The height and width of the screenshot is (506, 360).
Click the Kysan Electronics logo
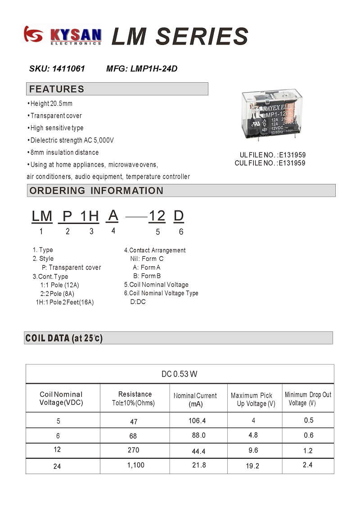click(x=63, y=36)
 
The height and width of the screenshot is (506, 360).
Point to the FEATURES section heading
click(x=57, y=89)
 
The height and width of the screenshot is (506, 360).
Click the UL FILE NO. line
click(x=272, y=155)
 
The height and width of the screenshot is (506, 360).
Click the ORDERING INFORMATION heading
click(x=96, y=191)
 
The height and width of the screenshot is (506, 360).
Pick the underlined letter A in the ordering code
click(x=113, y=216)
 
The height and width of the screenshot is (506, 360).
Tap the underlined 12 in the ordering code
click(x=157, y=216)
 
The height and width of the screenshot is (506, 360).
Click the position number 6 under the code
click(x=181, y=232)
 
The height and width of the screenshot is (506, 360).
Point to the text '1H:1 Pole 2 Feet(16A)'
click(x=65, y=302)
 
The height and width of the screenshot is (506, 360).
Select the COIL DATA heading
click(x=64, y=338)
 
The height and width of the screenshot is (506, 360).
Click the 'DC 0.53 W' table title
click(x=180, y=374)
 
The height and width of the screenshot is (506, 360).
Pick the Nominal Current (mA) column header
click(x=195, y=399)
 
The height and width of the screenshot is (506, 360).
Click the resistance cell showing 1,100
click(x=135, y=465)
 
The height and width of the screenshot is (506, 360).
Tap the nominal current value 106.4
click(x=198, y=421)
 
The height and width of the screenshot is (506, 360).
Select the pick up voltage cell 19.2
click(x=252, y=466)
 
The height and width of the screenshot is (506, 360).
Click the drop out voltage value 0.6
click(x=308, y=435)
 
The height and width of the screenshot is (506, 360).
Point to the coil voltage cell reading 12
click(x=57, y=449)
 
